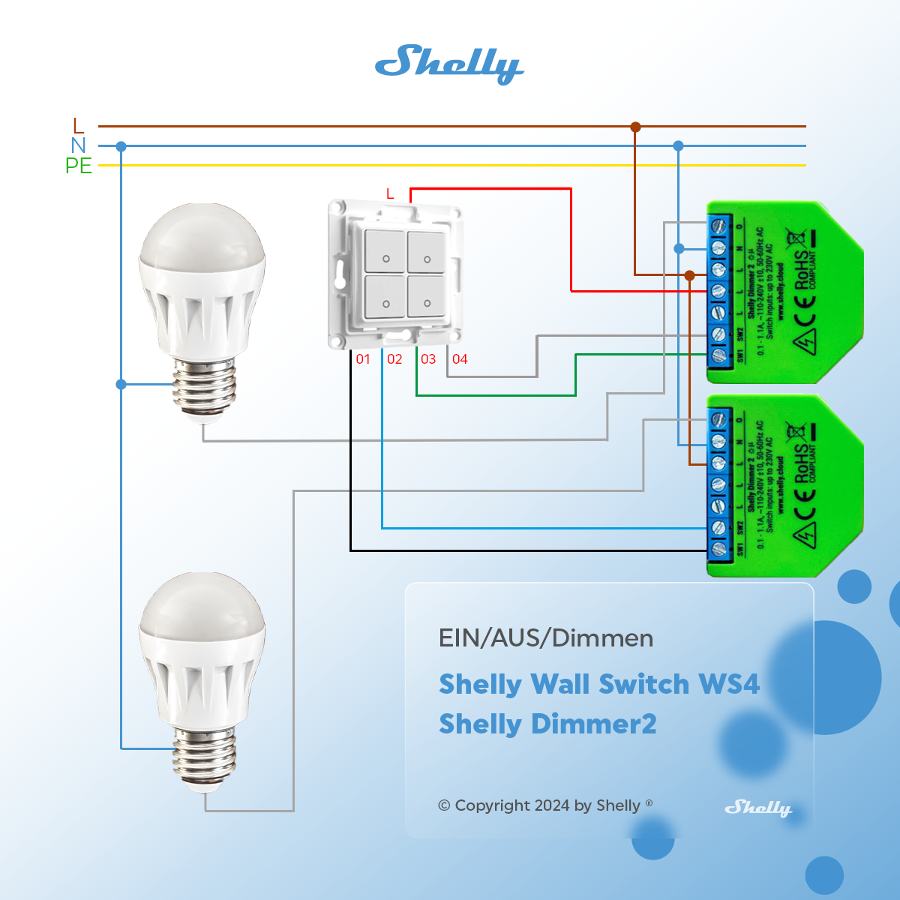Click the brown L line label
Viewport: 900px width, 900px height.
pyautogui.click(x=79, y=126)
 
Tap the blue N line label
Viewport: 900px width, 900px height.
pyautogui.click(x=79, y=145)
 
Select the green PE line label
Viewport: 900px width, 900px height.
pyautogui.click(x=79, y=166)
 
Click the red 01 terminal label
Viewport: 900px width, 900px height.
pyautogui.click(x=363, y=359)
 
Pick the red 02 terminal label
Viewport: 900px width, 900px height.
pyautogui.click(x=394, y=359)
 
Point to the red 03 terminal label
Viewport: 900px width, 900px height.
pyautogui.click(x=428, y=359)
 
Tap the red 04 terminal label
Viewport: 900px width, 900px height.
pyautogui.click(x=460, y=359)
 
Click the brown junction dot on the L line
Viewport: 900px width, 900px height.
pyautogui.click(x=635, y=127)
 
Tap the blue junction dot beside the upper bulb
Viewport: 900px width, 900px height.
pyautogui.click(x=121, y=384)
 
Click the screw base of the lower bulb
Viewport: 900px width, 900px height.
pyautogui.click(x=204, y=757)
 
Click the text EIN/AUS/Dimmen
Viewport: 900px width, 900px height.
pyautogui.click(x=546, y=638)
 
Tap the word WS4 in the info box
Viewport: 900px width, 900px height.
pyautogui.click(x=728, y=684)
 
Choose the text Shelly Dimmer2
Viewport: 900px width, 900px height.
pyautogui.click(x=547, y=724)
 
